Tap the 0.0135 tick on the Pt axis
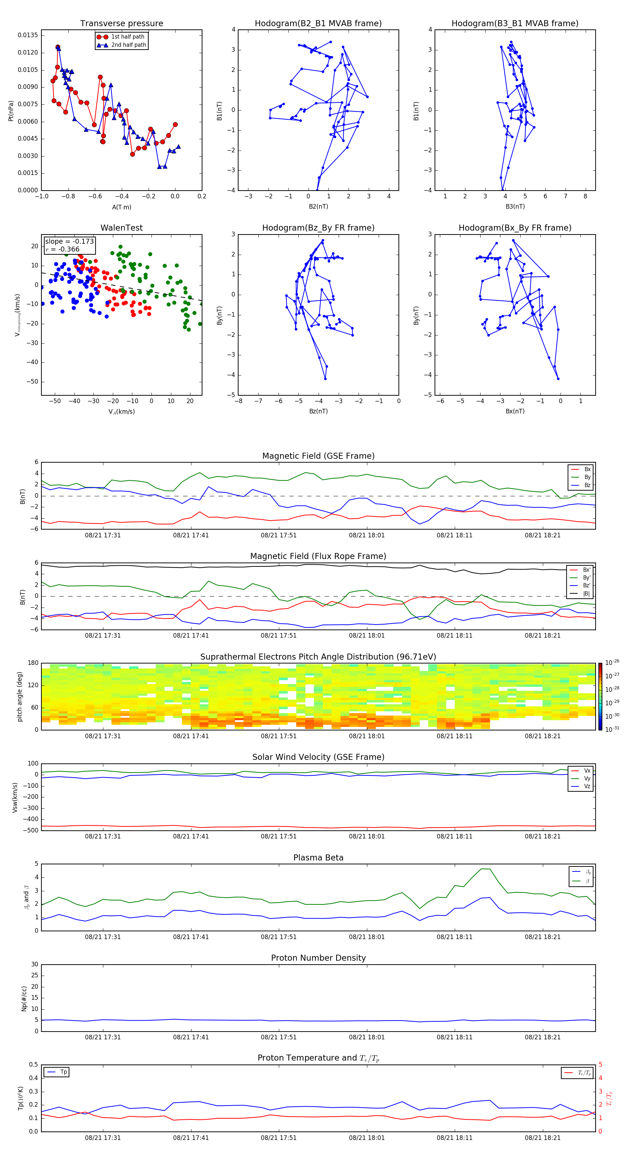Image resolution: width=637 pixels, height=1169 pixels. pyautogui.click(x=28, y=35)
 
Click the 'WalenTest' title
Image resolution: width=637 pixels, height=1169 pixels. pyautogui.click(x=121, y=228)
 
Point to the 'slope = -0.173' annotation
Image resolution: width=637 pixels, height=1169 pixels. pyautogui.click(x=69, y=242)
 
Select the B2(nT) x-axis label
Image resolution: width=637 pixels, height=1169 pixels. pyautogui.click(x=318, y=207)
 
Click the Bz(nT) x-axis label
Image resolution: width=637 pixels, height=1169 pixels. pyautogui.click(x=318, y=411)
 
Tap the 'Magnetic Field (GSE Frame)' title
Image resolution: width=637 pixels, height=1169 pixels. pyautogui.click(x=318, y=456)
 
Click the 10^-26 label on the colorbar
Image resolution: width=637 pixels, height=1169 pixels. pyautogui.click(x=612, y=662)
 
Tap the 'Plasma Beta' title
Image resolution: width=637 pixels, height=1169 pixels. pyautogui.click(x=318, y=858)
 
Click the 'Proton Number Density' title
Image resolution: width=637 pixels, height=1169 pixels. pyautogui.click(x=318, y=958)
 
